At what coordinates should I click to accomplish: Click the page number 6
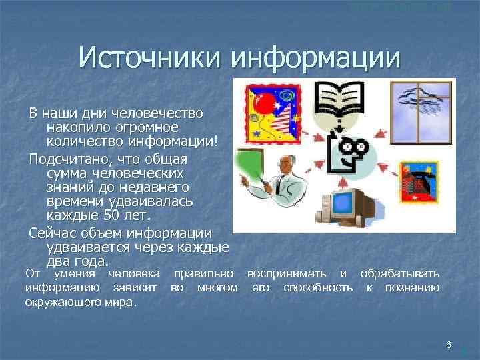(449, 345)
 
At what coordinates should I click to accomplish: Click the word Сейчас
(54, 233)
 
